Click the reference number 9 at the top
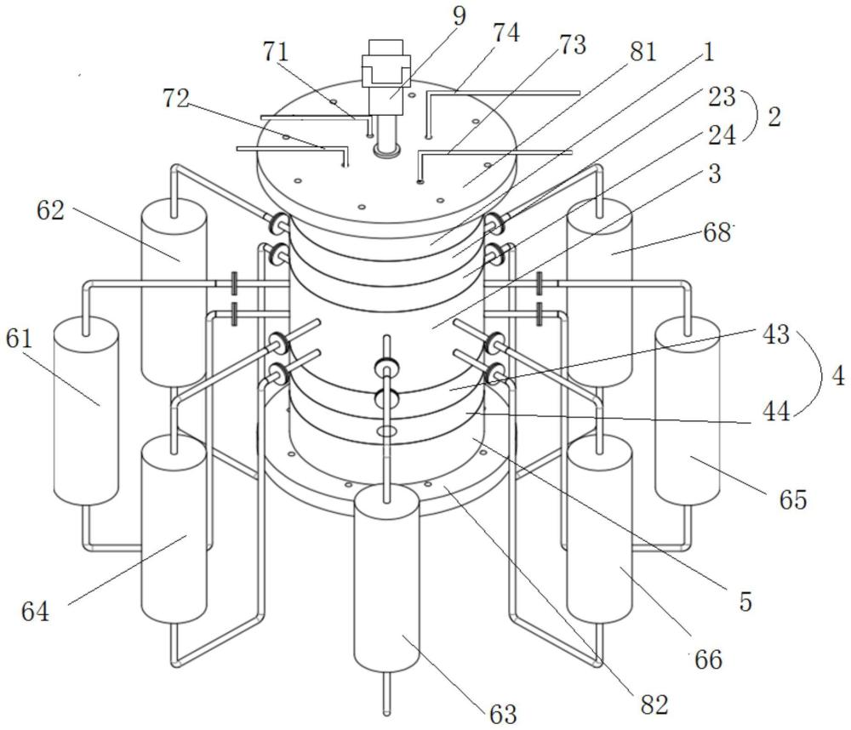(459, 15)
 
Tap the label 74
(505, 33)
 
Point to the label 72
(175, 99)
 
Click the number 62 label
(50, 211)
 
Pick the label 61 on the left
(20, 339)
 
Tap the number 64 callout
(35, 612)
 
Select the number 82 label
(654, 705)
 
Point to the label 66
(709, 660)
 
